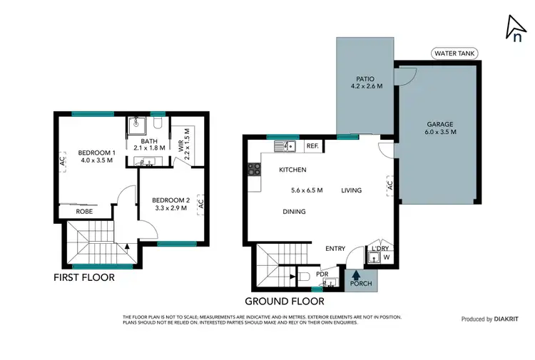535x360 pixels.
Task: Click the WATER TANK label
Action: coord(454,53)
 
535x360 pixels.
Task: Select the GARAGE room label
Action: coord(439,123)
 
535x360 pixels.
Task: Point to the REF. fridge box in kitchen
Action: coord(312,146)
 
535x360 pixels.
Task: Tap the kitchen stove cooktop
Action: coord(253,170)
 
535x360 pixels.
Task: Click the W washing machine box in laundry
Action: coord(386,257)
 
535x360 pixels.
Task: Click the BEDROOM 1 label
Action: coord(96,153)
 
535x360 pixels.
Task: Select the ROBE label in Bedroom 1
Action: coord(84,212)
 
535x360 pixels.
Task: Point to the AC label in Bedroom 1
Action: coord(63,161)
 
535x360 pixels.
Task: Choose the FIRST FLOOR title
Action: coord(84,277)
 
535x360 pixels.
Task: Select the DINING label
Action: coord(294,212)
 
